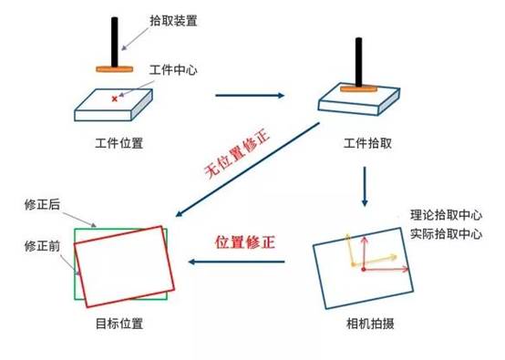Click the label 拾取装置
[173, 21]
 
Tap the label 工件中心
[173, 70]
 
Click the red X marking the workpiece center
[114, 98]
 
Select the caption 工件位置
[119, 143]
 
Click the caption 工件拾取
[367, 143]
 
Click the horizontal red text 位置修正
[245, 242]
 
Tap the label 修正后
[42, 204]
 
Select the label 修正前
[42, 246]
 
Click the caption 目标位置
[119, 324]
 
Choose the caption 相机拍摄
[370, 324]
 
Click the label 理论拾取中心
[446, 215]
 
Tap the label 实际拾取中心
[446, 234]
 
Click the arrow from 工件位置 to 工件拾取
[250, 96]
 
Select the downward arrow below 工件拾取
[365, 186]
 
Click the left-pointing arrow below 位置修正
[237, 262]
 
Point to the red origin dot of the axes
[364, 269]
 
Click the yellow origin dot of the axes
[354, 264]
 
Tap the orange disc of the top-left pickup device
[114, 69]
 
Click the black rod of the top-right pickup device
[358, 62]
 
